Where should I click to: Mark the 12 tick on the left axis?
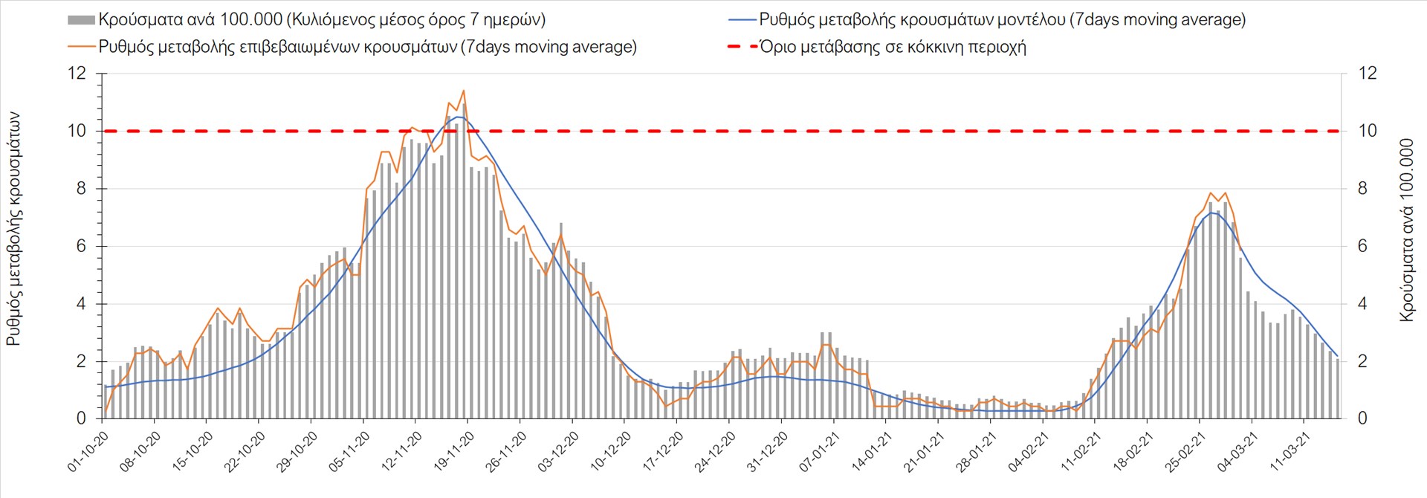point(77,73)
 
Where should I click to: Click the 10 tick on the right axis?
point(1368,131)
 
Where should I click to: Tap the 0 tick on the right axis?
point(1362,418)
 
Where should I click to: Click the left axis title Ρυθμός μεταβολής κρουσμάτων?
point(13,229)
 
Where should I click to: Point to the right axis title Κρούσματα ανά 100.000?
point(1406,229)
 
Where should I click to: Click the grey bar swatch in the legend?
point(81,20)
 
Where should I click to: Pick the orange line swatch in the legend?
point(81,47)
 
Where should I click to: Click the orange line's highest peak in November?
point(464,91)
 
